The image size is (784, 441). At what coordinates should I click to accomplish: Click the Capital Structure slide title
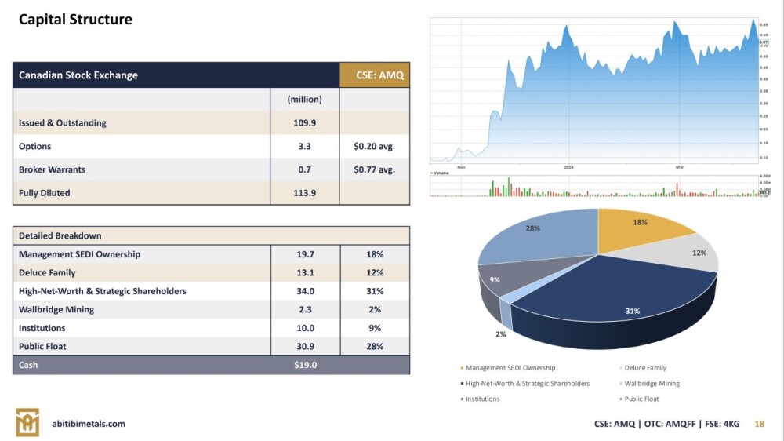click(75, 19)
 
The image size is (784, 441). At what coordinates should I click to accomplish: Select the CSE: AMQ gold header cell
click(375, 75)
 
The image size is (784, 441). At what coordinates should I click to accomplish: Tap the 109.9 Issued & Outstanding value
click(305, 123)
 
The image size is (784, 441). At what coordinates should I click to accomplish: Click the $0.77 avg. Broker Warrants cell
click(375, 169)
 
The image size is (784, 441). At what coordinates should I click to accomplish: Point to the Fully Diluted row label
click(45, 193)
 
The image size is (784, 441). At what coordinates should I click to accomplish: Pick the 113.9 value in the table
click(305, 193)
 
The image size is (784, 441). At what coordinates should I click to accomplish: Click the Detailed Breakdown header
click(60, 235)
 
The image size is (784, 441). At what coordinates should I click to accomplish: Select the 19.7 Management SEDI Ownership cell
click(305, 254)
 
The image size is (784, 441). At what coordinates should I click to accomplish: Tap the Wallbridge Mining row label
click(56, 310)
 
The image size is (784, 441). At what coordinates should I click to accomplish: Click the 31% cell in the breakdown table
click(375, 291)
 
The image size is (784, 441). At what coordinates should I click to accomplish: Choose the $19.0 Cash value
click(305, 365)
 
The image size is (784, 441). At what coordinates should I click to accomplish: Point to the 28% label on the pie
click(533, 228)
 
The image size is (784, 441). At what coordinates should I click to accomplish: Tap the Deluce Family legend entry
click(645, 368)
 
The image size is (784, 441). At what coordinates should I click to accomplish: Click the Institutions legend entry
click(482, 399)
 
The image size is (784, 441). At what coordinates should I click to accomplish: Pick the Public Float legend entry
click(641, 399)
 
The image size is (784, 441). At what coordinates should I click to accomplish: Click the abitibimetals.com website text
click(88, 424)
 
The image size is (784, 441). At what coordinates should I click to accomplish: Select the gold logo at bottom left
click(27, 422)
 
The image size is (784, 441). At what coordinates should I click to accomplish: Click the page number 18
click(758, 424)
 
